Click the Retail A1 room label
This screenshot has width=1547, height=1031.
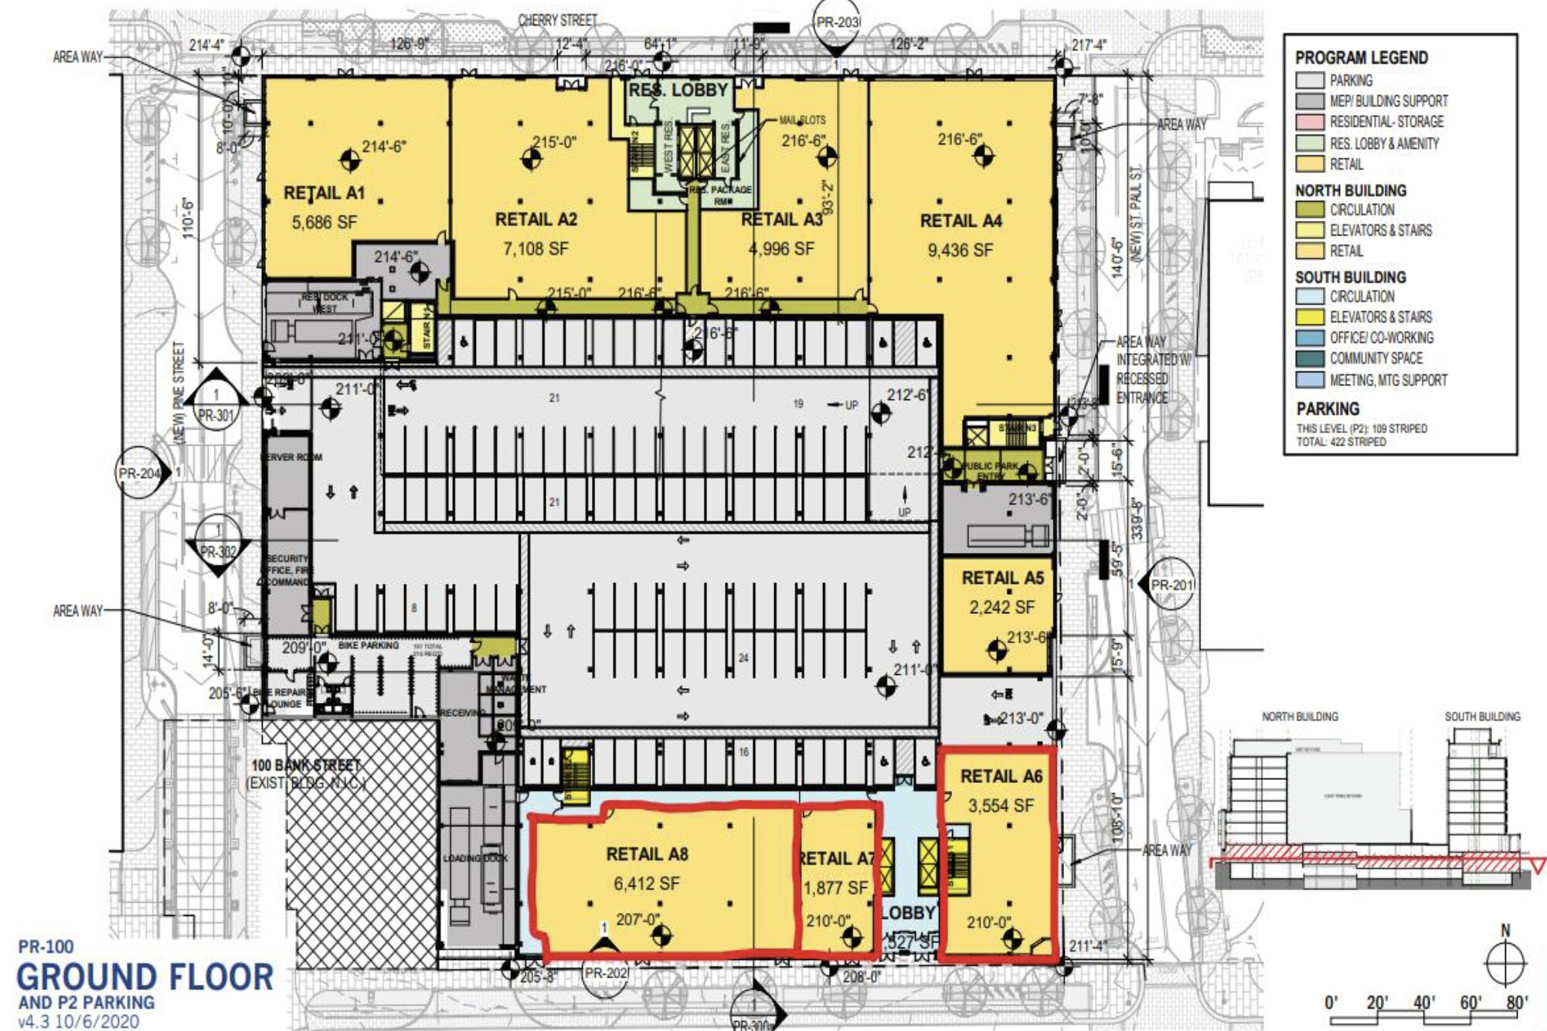click(x=324, y=193)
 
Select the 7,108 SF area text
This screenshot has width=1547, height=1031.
click(x=535, y=249)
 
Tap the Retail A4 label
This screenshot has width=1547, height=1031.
click(x=960, y=221)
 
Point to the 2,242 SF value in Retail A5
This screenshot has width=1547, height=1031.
click(x=1001, y=608)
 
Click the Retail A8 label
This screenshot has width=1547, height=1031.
click(x=647, y=854)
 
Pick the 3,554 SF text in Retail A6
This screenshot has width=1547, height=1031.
click(x=1001, y=806)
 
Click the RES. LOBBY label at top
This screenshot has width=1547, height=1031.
click(x=678, y=90)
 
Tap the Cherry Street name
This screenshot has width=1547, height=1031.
click(x=557, y=20)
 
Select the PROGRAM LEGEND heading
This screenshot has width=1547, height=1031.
click(x=1361, y=58)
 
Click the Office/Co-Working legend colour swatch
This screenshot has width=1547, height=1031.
click(x=1310, y=338)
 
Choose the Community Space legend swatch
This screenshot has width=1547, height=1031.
click(x=1310, y=359)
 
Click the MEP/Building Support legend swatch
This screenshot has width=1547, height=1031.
click(x=1310, y=101)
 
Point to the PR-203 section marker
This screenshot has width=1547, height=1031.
click(x=837, y=23)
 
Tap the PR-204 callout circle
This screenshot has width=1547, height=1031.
click(x=139, y=473)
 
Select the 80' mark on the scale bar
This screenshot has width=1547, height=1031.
click(x=1516, y=1002)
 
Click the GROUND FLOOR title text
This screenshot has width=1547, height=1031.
click(x=145, y=978)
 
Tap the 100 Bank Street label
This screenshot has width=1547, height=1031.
click(x=306, y=765)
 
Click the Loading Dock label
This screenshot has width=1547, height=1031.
click(x=475, y=858)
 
